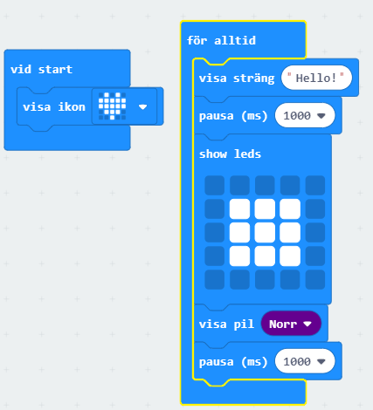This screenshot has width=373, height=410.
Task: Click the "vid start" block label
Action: pos(41,70)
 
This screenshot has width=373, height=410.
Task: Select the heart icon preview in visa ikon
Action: pos(112,106)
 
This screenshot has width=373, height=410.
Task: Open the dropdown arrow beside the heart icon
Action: pos(142,107)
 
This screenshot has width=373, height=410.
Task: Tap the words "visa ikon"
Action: pos(54,107)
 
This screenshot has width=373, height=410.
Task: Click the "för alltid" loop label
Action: pos(221,40)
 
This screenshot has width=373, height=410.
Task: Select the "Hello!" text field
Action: pos(316,78)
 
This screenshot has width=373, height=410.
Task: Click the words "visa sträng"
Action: pos(237,79)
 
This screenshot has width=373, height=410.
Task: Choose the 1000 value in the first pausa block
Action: pos(305,115)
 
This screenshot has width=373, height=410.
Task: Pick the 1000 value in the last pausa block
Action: pos(305,361)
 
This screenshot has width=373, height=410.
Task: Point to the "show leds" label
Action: pos(230,154)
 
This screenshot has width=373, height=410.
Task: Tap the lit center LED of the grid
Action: pos(265,232)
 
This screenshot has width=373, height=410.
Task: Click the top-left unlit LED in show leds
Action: pos(214,185)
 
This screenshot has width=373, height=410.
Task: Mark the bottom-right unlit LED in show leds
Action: pos(315,279)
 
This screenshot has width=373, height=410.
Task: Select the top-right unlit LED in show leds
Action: pos(315,185)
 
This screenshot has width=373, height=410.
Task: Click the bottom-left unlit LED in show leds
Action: pos(214,279)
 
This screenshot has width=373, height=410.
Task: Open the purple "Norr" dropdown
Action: pos(291,324)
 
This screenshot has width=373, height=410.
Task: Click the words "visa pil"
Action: pos(226,325)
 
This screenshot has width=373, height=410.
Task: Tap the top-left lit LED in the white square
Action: pos(239,208)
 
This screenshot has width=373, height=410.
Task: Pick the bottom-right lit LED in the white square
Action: pos(290,256)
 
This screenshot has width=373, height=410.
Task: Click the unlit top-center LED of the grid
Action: pos(265,185)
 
